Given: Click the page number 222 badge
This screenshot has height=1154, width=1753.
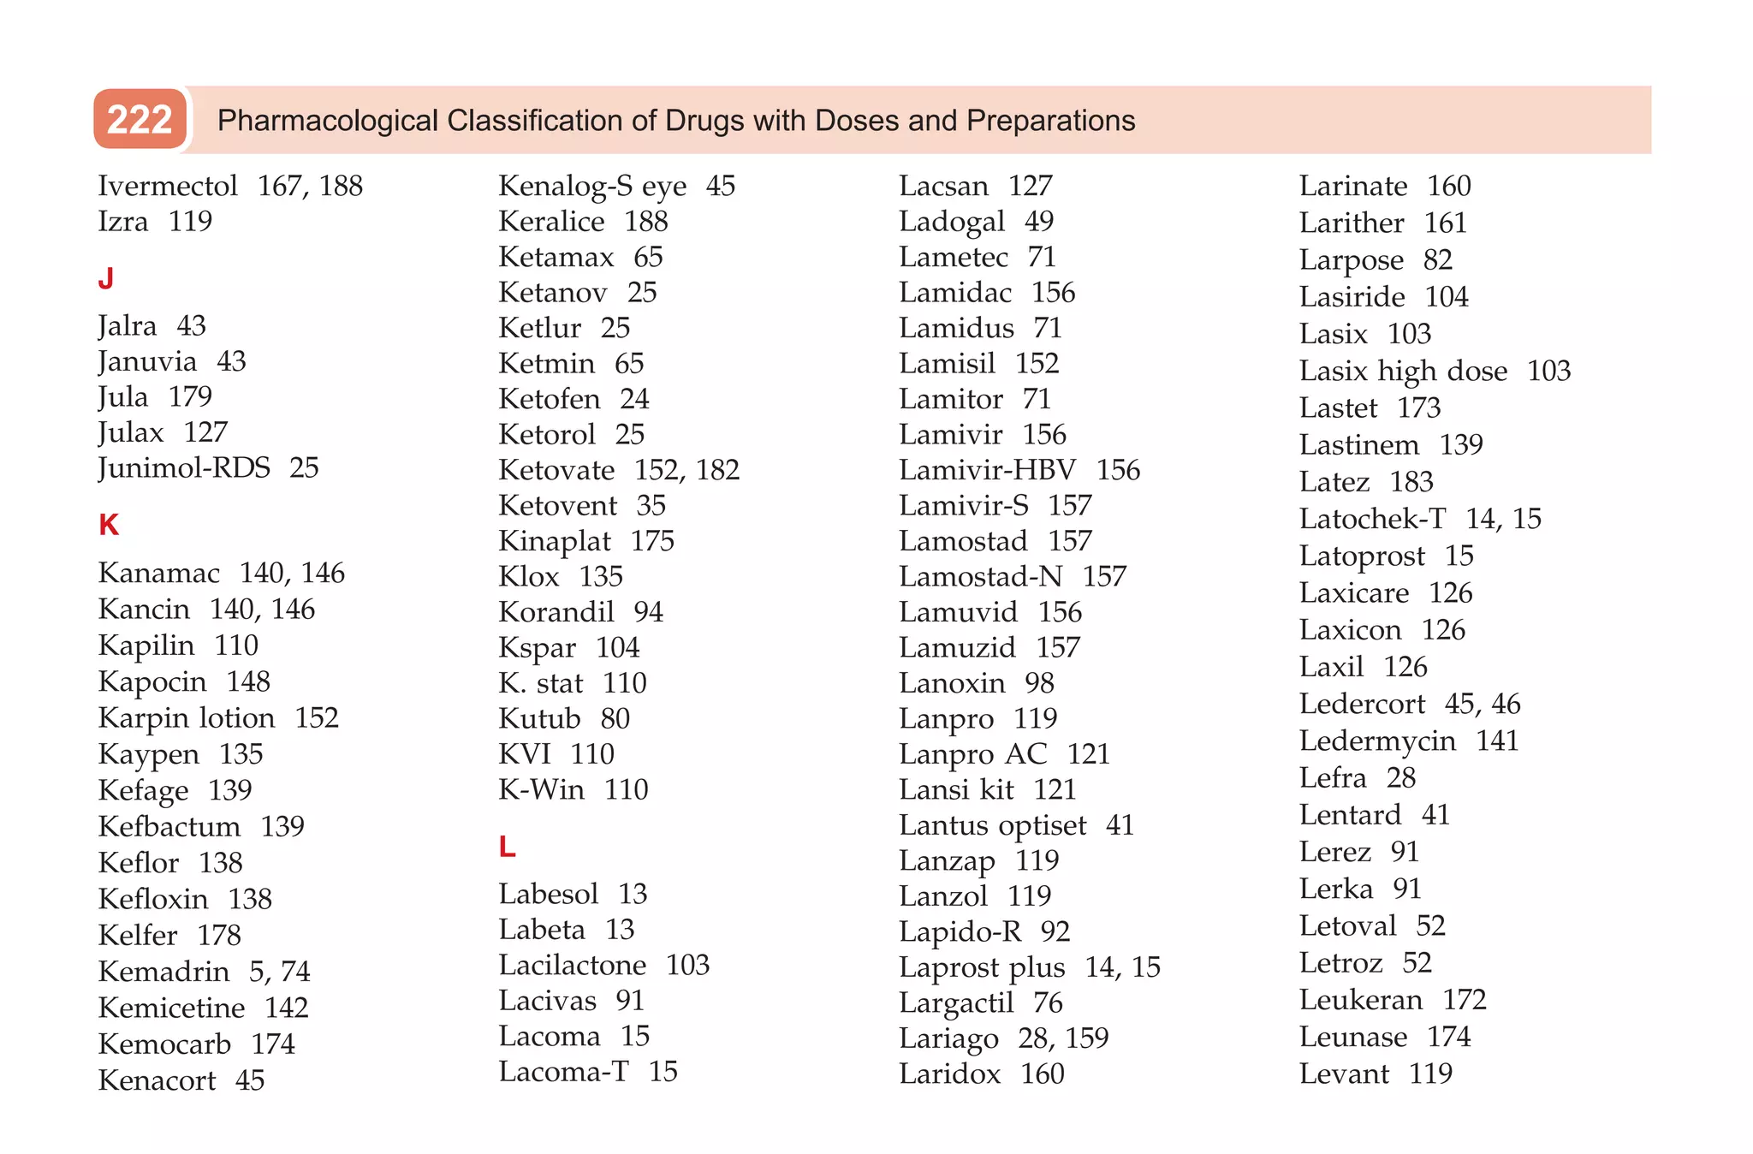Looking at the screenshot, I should [x=140, y=120].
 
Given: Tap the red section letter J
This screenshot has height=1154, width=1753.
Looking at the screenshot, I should [x=106, y=279].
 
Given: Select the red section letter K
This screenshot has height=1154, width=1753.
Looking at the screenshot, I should [x=109, y=525].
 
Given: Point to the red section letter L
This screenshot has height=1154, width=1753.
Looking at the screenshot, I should [x=507, y=847].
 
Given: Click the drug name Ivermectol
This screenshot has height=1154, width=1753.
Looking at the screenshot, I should [x=168, y=186].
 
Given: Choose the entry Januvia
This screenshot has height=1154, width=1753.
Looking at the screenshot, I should [x=147, y=361].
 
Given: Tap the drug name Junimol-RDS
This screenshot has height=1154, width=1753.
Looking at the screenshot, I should [x=184, y=467].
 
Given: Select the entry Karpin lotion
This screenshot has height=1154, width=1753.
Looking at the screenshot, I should [x=187, y=717].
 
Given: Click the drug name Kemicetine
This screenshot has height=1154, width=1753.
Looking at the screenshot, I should [x=171, y=1008].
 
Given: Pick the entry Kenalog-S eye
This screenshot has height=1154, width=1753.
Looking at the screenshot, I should [x=592, y=186].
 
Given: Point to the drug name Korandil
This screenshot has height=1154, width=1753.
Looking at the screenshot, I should [x=556, y=612].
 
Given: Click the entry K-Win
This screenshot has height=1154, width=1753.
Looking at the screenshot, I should [x=541, y=789].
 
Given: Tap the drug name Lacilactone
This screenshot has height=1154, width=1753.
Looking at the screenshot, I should [x=573, y=965].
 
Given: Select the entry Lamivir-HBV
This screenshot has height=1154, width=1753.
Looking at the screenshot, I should [x=987, y=470].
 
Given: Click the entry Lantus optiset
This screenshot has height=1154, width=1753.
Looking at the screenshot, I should [x=992, y=825].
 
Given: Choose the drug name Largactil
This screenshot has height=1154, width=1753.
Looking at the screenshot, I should [x=956, y=1002].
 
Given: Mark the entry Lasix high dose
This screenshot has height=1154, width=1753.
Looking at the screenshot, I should [x=1403, y=371].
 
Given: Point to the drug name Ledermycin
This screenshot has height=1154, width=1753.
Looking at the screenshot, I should [x=1377, y=741].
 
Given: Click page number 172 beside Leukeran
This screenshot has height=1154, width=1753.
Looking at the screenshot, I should [x=1465, y=1000].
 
